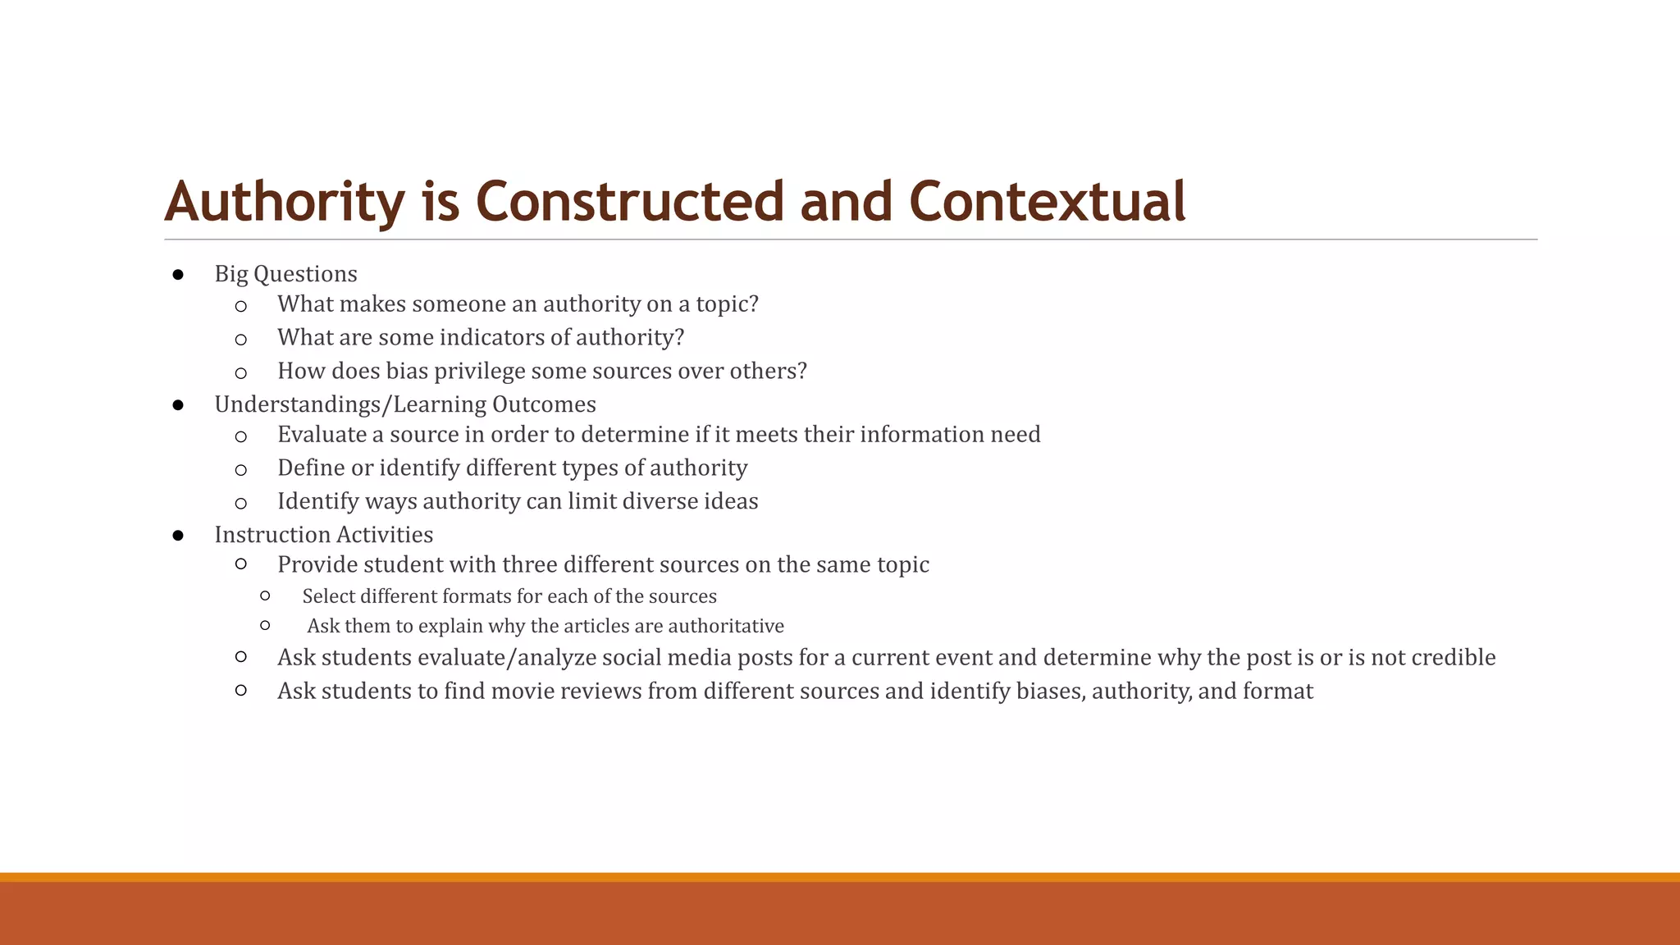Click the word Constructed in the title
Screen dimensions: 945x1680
630,202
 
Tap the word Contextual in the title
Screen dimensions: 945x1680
1047,202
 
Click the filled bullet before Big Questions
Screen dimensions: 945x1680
178,275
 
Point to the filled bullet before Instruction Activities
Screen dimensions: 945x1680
178,536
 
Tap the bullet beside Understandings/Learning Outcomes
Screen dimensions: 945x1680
178,405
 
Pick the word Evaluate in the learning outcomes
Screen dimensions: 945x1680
322,435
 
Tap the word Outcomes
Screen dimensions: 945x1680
544,405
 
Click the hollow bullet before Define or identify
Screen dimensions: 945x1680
240,470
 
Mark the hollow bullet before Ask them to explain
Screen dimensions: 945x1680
265,626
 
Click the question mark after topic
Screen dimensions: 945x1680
753,304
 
